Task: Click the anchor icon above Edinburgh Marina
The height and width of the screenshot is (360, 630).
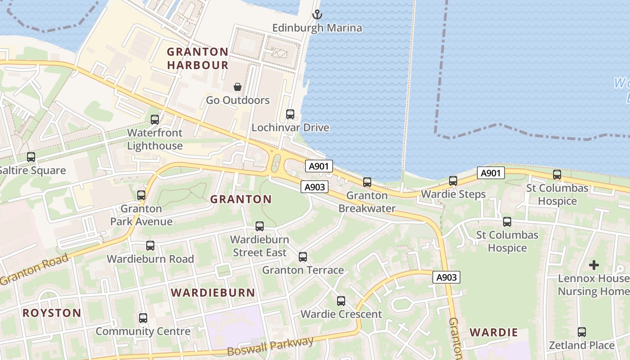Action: pyautogui.click(x=318, y=14)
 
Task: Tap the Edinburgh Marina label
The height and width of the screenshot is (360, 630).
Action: pyautogui.click(x=317, y=28)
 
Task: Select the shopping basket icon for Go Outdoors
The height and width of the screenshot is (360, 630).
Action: pyautogui.click(x=238, y=87)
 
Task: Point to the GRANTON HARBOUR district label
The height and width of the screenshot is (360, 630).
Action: pyautogui.click(x=198, y=58)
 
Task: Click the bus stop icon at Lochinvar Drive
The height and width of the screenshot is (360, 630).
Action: pyautogui.click(x=290, y=114)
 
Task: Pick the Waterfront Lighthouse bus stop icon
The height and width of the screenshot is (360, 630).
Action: pyautogui.click(x=155, y=120)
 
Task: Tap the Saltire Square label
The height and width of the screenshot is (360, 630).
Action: pyautogui.click(x=32, y=171)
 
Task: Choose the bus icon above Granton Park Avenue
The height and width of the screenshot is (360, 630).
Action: pyautogui.click(x=141, y=195)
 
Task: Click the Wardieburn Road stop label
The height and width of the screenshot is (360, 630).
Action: pyautogui.click(x=150, y=259)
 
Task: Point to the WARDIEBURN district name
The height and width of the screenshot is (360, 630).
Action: pyautogui.click(x=213, y=292)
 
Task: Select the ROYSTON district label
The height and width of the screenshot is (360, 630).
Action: pyautogui.click(x=52, y=313)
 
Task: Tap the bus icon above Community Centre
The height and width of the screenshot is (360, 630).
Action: pyautogui.click(x=143, y=318)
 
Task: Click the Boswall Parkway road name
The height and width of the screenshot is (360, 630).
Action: pyautogui.click(x=270, y=346)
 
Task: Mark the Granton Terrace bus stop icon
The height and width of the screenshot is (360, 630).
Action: pyautogui.click(x=303, y=257)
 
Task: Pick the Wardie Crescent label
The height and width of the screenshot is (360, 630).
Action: pyautogui.click(x=341, y=314)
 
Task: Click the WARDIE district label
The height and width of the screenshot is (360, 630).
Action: pyautogui.click(x=494, y=333)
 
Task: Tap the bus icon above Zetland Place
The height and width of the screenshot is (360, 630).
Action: pyautogui.click(x=582, y=333)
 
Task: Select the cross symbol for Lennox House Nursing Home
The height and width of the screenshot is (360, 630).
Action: pyautogui.click(x=594, y=265)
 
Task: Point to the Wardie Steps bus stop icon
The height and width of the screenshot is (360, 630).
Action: pyautogui.click(x=453, y=181)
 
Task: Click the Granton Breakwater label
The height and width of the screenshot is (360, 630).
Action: pyautogui.click(x=367, y=202)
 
